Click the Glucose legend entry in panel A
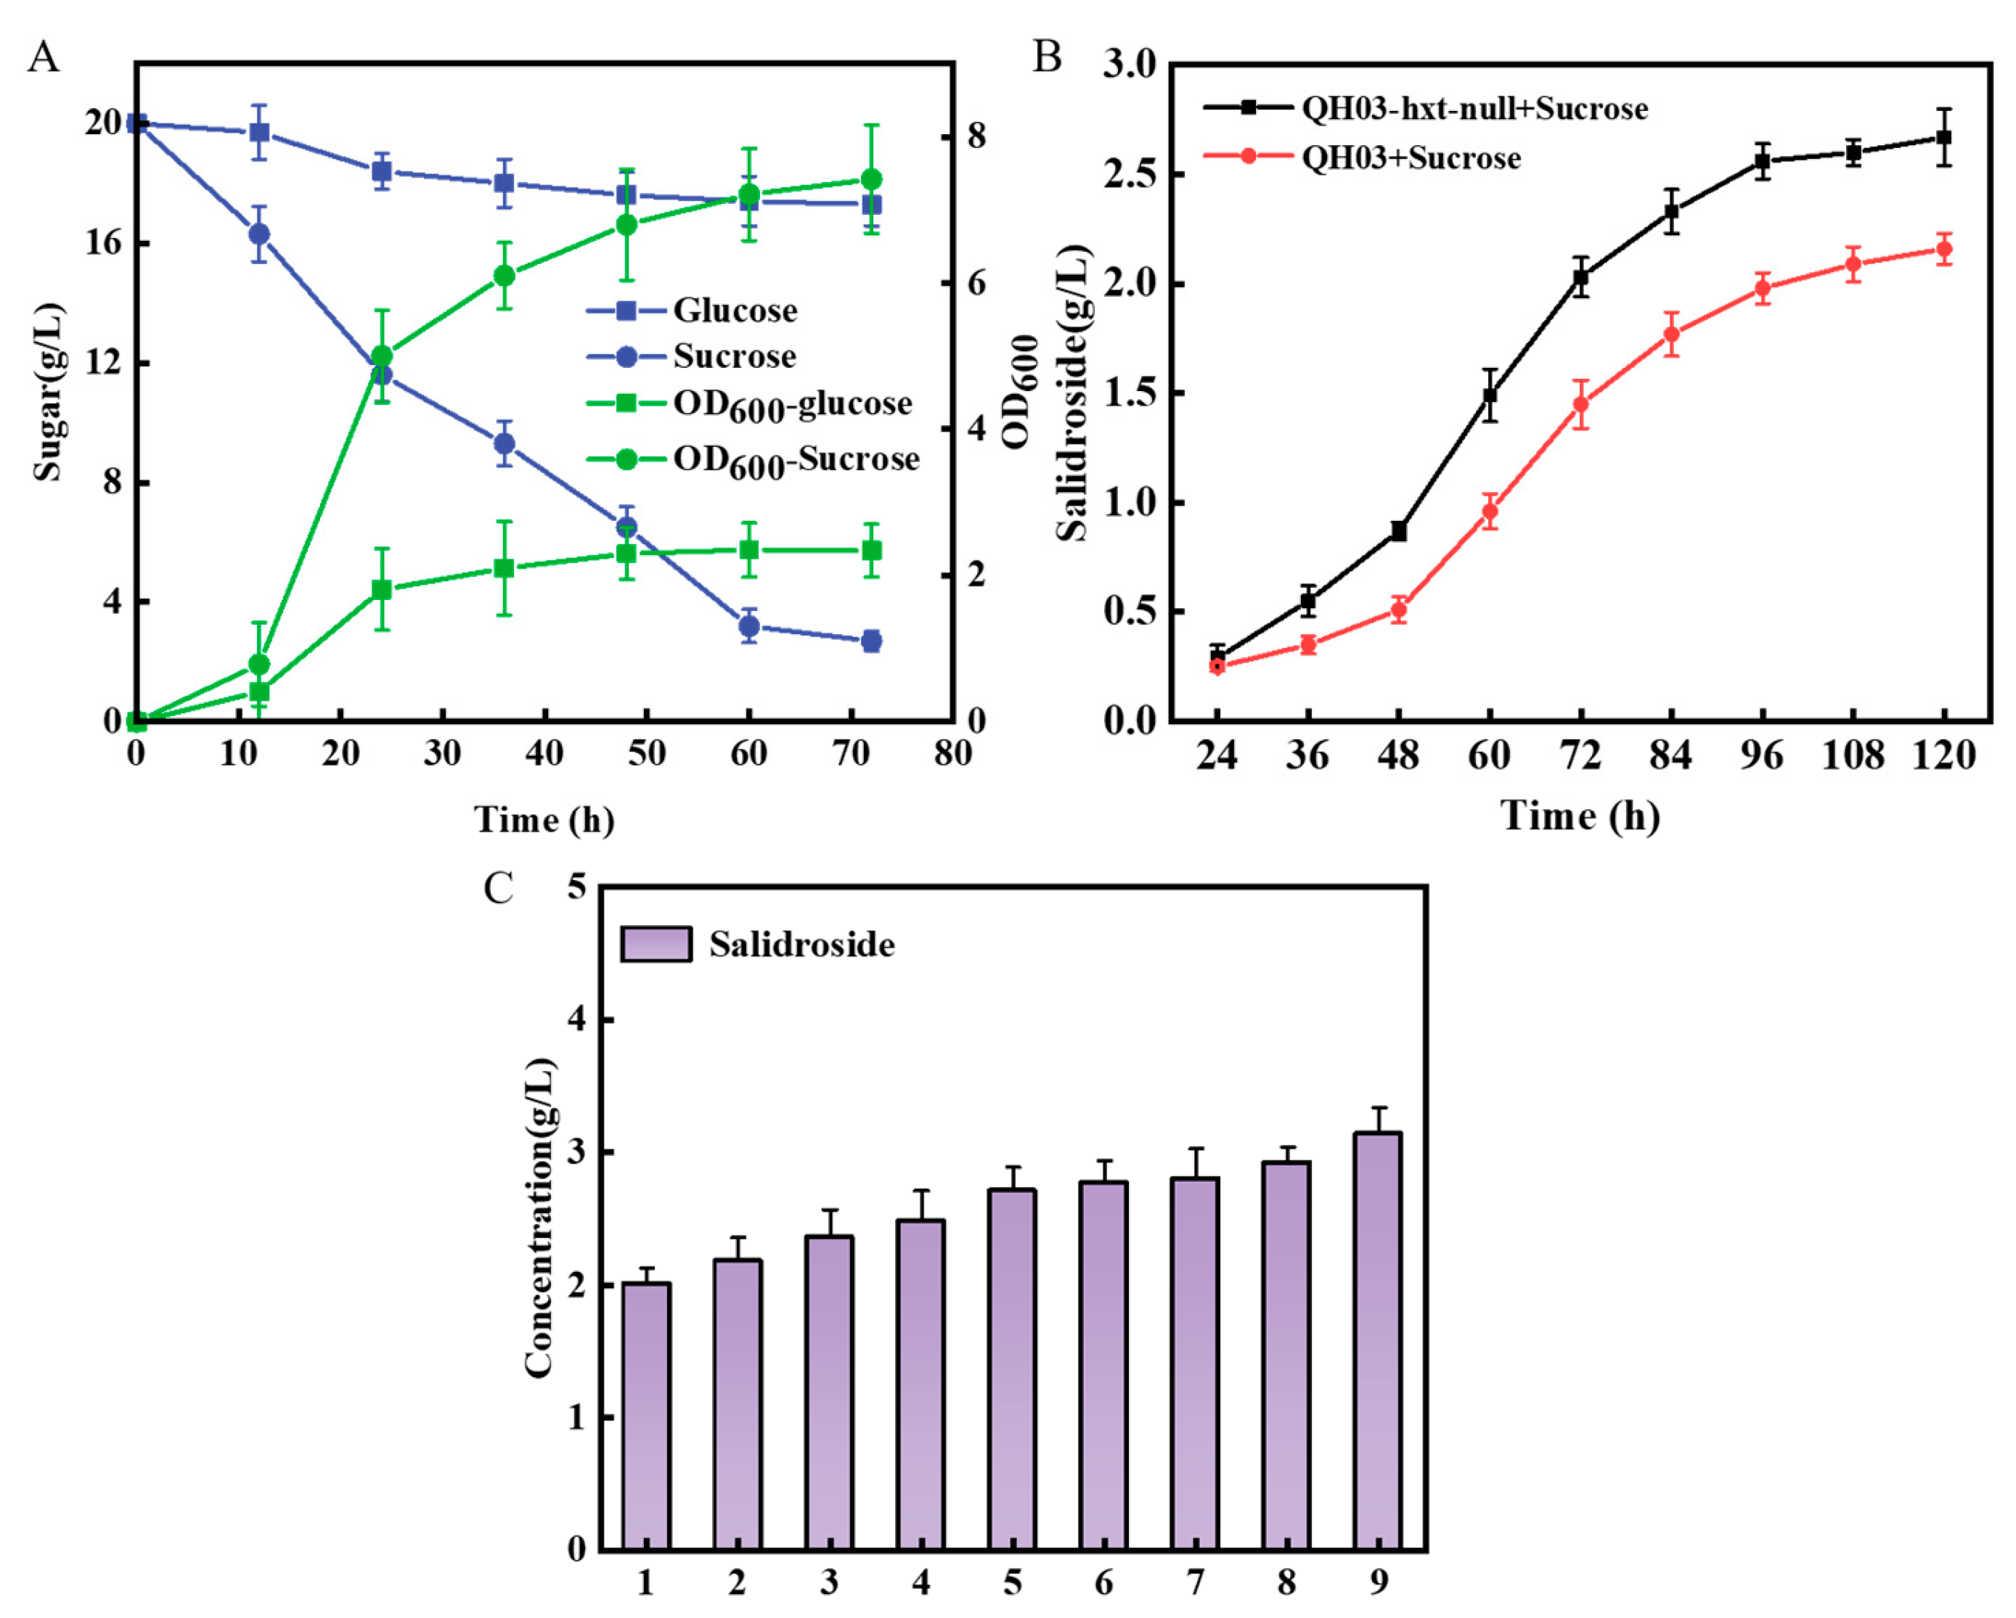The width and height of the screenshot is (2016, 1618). pos(692,311)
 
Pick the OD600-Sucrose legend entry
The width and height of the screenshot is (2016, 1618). pos(753,460)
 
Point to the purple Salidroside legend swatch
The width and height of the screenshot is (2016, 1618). pos(656,944)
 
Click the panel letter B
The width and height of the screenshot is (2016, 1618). pos(1046,57)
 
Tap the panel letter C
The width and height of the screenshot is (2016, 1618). pos(499,887)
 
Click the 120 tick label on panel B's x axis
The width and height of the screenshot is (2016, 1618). pos(1943,755)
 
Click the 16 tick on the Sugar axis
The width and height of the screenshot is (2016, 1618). pos(103,243)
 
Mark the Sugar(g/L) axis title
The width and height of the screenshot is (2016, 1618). pos(49,392)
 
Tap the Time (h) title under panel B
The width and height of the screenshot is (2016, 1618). pos(1580,817)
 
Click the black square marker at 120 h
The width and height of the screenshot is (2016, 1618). pos(1943,137)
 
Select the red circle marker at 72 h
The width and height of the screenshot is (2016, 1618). pos(1580,405)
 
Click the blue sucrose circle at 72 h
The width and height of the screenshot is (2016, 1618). pos(870,641)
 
